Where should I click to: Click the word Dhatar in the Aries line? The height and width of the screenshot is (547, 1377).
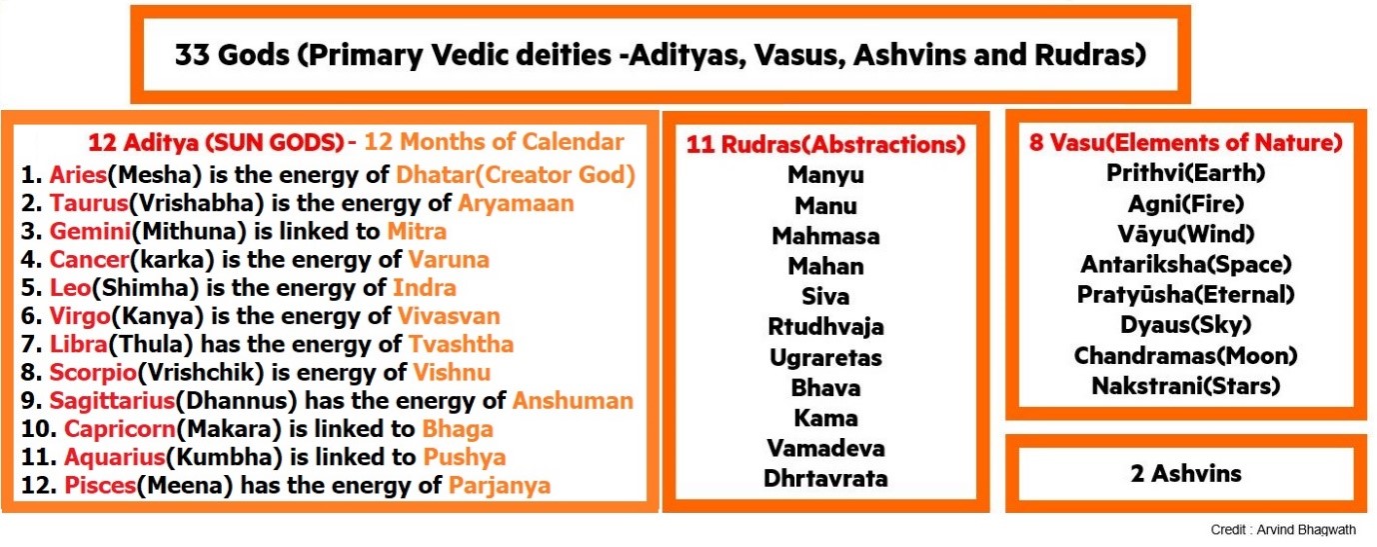(x=431, y=175)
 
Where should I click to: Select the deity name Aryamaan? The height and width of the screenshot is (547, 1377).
(x=516, y=203)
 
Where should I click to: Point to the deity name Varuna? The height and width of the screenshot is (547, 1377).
(x=449, y=260)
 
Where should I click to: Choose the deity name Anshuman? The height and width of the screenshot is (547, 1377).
(x=573, y=401)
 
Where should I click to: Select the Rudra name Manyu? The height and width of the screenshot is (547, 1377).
(x=825, y=175)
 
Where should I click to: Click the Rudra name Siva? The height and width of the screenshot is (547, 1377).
(x=825, y=296)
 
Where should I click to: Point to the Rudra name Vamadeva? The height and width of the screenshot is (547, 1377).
(x=825, y=447)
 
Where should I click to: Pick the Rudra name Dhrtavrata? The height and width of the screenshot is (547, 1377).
(x=825, y=478)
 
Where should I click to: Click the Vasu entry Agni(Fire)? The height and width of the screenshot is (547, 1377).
(x=1185, y=204)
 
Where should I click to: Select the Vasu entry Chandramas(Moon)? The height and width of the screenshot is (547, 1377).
(x=1185, y=356)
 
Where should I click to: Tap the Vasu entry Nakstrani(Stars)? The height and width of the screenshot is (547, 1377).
(x=1185, y=386)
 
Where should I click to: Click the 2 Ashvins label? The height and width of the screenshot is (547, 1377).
(x=1185, y=473)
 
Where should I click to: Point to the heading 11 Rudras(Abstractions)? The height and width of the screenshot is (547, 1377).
(x=825, y=144)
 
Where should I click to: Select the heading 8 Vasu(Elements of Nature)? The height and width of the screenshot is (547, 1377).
(x=1185, y=142)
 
